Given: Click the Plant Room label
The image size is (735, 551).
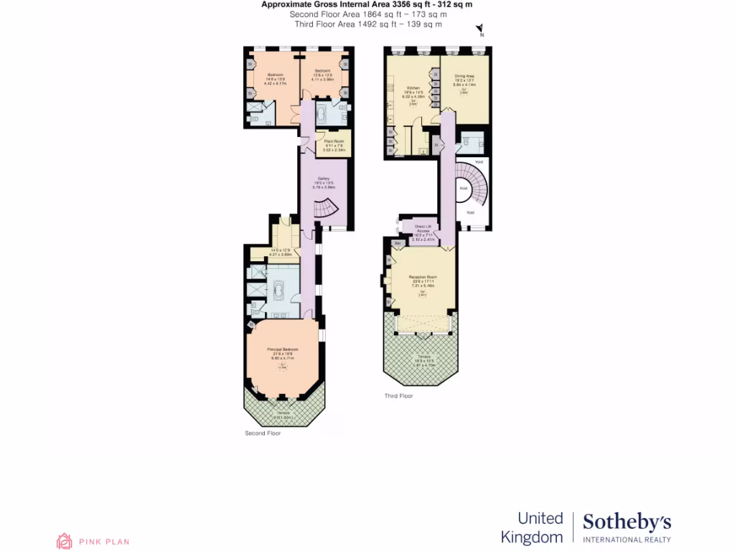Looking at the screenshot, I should (334, 141).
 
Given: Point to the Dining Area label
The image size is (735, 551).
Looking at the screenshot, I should (464, 76).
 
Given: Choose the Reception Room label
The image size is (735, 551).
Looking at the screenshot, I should (423, 277).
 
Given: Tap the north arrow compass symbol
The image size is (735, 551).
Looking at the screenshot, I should (480, 29).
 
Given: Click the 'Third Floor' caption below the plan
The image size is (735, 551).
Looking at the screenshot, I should (399, 395).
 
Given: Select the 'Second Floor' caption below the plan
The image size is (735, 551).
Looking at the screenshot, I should (263, 433).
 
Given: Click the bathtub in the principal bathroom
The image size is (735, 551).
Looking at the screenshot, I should (278, 289).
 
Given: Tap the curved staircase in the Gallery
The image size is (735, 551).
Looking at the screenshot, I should (329, 208).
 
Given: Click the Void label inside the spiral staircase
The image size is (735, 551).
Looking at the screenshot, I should (464, 189).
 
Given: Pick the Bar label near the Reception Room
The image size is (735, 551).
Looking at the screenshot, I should (397, 243).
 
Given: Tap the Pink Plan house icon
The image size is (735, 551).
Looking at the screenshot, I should (65, 541).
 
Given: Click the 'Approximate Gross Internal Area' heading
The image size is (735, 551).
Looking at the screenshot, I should (367, 4).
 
